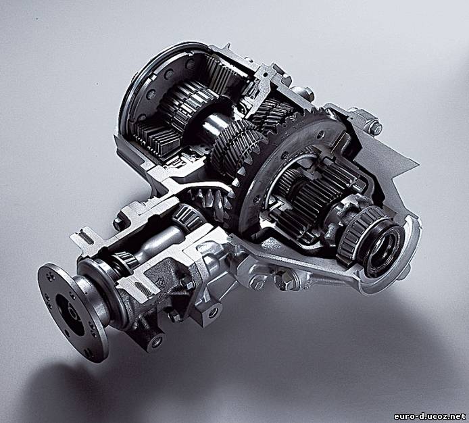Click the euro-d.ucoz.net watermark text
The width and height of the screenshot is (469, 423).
point(430,416)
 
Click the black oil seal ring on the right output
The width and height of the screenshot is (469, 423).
point(385,245)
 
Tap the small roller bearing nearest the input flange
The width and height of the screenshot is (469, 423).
point(125,259)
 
